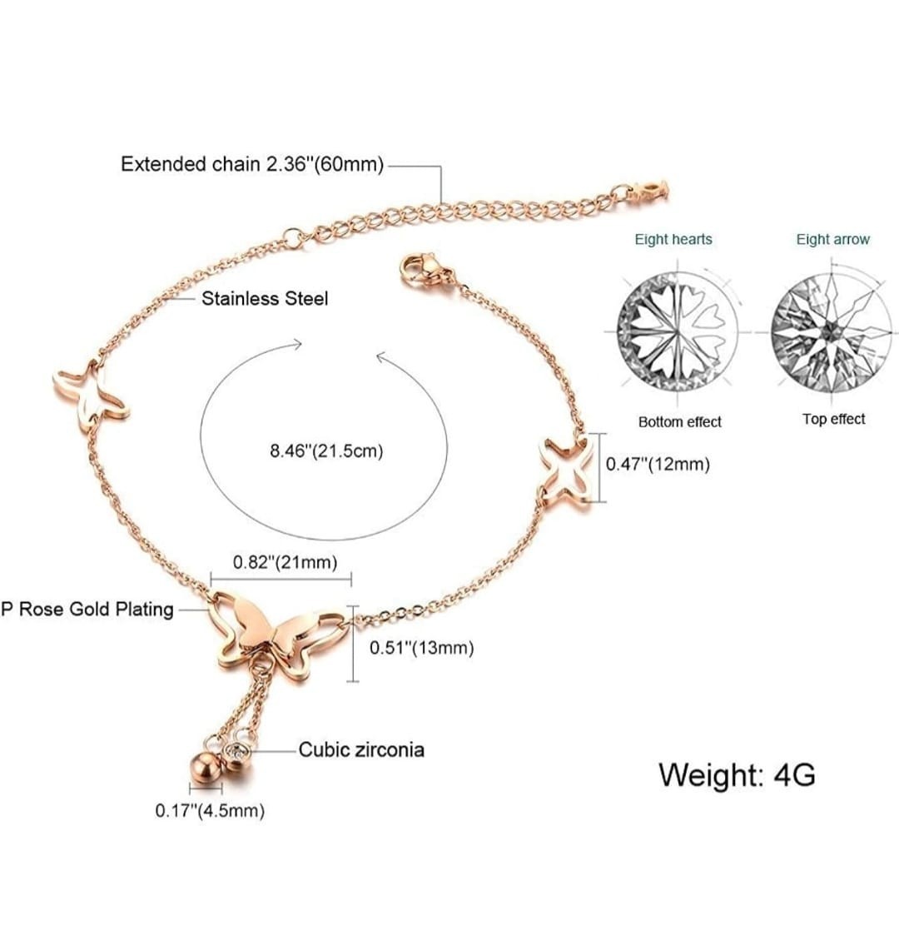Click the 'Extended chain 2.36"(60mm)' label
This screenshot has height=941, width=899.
(x=252, y=164)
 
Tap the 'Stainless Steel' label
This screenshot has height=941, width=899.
(x=265, y=298)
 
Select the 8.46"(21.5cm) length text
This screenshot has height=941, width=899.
(x=326, y=451)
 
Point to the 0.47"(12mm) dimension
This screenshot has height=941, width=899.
(x=658, y=464)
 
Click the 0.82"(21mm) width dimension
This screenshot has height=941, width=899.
(x=285, y=562)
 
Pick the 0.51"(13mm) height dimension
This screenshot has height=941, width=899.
(x=421, y=648)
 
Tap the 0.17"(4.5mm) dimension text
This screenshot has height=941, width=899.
(x=210, y=810)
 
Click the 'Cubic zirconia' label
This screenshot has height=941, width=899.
(x=361, y=749)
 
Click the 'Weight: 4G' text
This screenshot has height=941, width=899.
(x=737, y=774)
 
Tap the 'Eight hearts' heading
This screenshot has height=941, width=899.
(x=673, y=240)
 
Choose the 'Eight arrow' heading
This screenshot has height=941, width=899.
(x=832, y=240)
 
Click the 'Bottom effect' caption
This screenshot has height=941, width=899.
(x=679, y=422)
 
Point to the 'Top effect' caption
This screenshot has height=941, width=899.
(x=833, y=419)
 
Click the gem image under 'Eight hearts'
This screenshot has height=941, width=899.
(x=677, y=332)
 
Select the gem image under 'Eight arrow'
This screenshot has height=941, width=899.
(x=832, y=331)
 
